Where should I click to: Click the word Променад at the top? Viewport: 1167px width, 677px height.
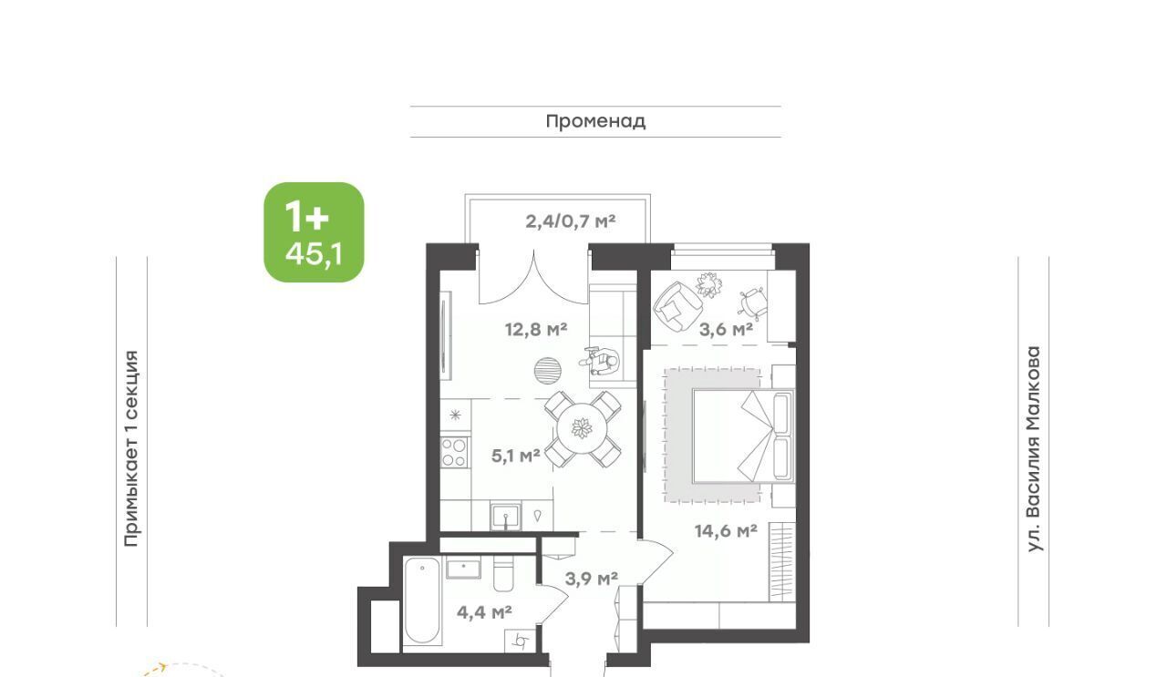click(595, 121)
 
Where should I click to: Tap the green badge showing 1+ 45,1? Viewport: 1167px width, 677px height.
click(314, 232)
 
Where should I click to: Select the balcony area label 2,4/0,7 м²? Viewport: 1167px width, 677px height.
click(571, 221)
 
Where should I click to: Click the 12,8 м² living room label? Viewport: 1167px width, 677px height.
click(536, 330)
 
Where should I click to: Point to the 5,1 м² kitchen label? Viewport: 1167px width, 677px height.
click(516, 456)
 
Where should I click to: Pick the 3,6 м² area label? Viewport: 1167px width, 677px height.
click(726, 329)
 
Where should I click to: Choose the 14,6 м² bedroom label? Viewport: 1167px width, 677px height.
click(726, 531)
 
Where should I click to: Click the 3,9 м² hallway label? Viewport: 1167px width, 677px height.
click(592, 578)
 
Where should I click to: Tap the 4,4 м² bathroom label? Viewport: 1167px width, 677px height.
click(484, 612)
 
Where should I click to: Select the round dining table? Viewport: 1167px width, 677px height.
click(582, 429)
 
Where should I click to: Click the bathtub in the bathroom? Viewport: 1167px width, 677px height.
click(422, 601)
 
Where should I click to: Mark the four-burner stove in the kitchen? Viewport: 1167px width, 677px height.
click(454, 453)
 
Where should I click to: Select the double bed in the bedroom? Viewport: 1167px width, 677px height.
click(743, 436)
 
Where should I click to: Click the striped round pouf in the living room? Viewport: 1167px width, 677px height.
click(548, 370)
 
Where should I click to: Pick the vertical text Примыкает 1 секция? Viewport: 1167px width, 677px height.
click(132, 449)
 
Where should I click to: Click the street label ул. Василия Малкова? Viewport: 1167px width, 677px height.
click(1034, 449)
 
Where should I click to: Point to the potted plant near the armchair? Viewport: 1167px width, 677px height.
click(709, 285)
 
